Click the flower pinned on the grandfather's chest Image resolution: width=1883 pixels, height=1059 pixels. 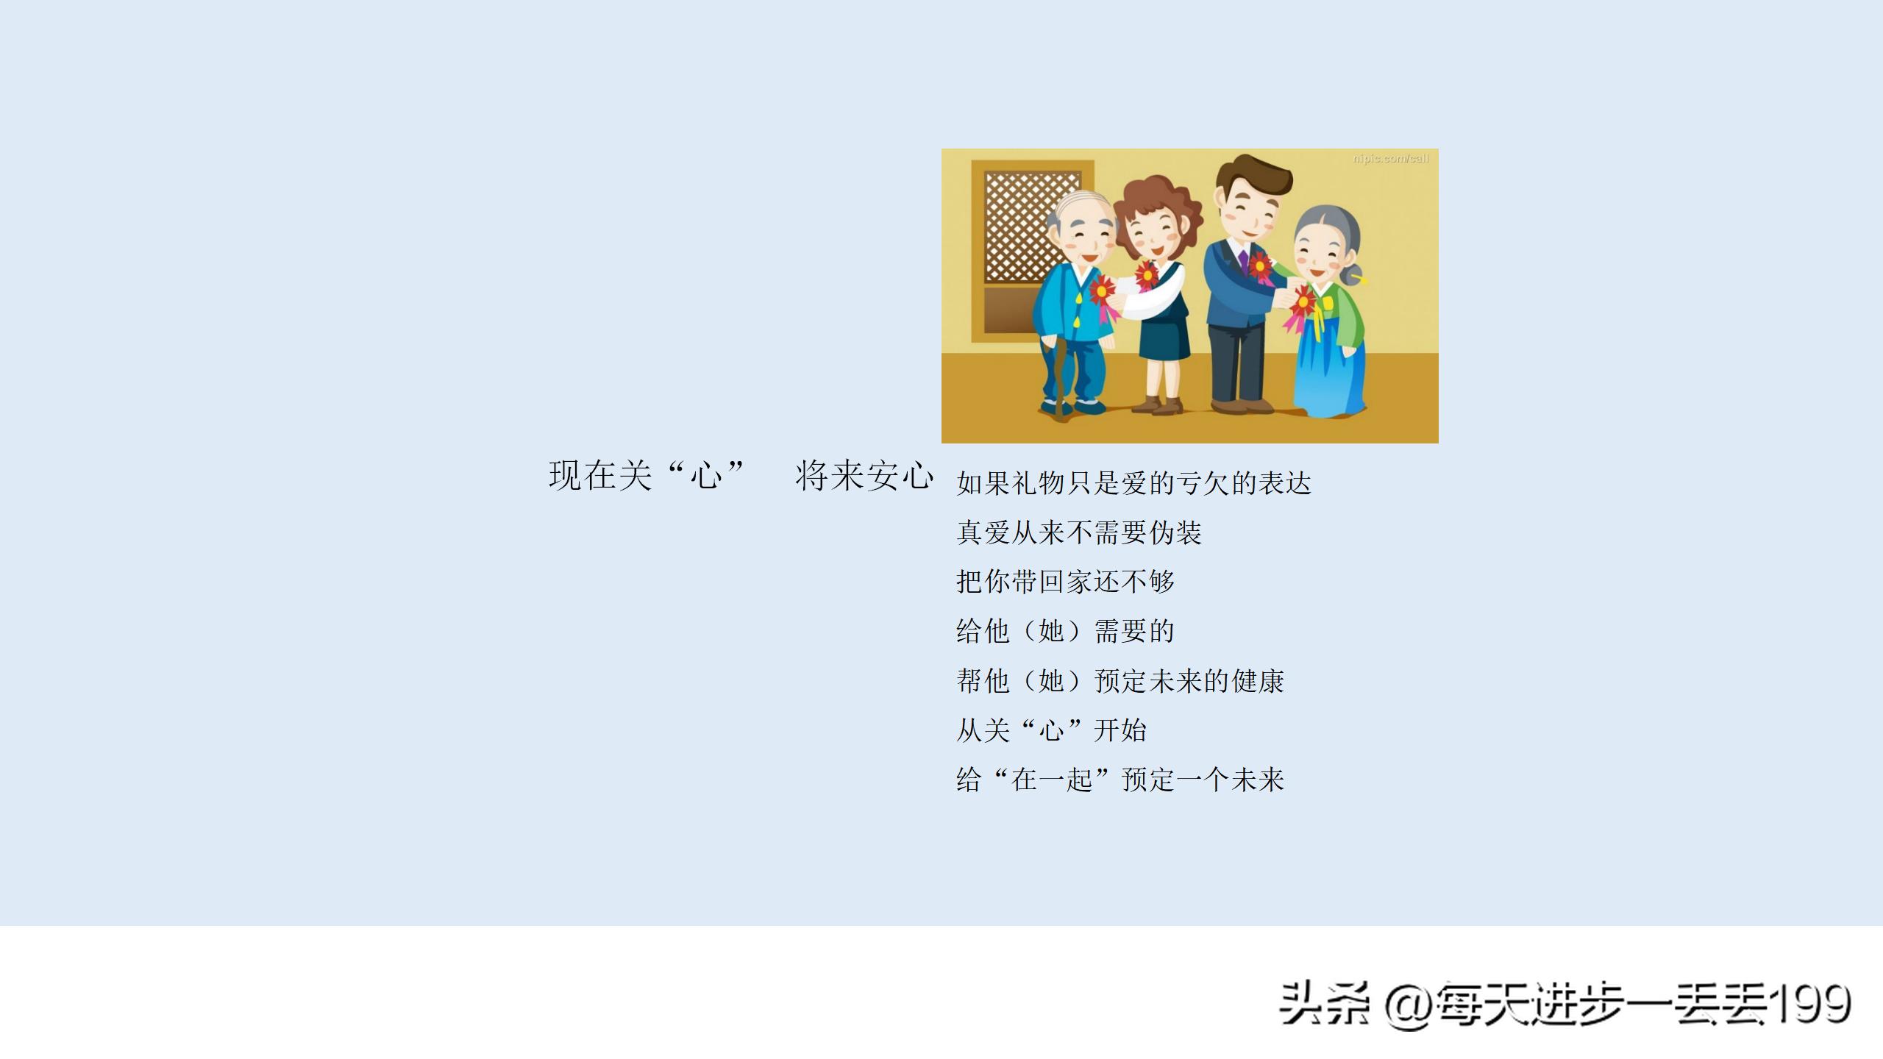point(1102,291)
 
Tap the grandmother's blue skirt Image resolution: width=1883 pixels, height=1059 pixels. point(1330,371)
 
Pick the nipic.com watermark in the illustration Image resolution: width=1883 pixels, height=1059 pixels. point(1390,159)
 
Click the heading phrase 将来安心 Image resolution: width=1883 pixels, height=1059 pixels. point(864,476)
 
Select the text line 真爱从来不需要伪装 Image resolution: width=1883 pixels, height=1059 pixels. point(1078,532)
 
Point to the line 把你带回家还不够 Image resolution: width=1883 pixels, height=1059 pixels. point(1065,582)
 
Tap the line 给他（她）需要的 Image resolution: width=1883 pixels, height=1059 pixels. point(1065,631)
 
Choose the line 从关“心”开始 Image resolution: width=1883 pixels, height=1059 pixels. point(1051,730)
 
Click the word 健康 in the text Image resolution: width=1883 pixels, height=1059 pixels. point(1258,681)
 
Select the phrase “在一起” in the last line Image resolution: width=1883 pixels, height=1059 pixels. point(1051,780)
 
